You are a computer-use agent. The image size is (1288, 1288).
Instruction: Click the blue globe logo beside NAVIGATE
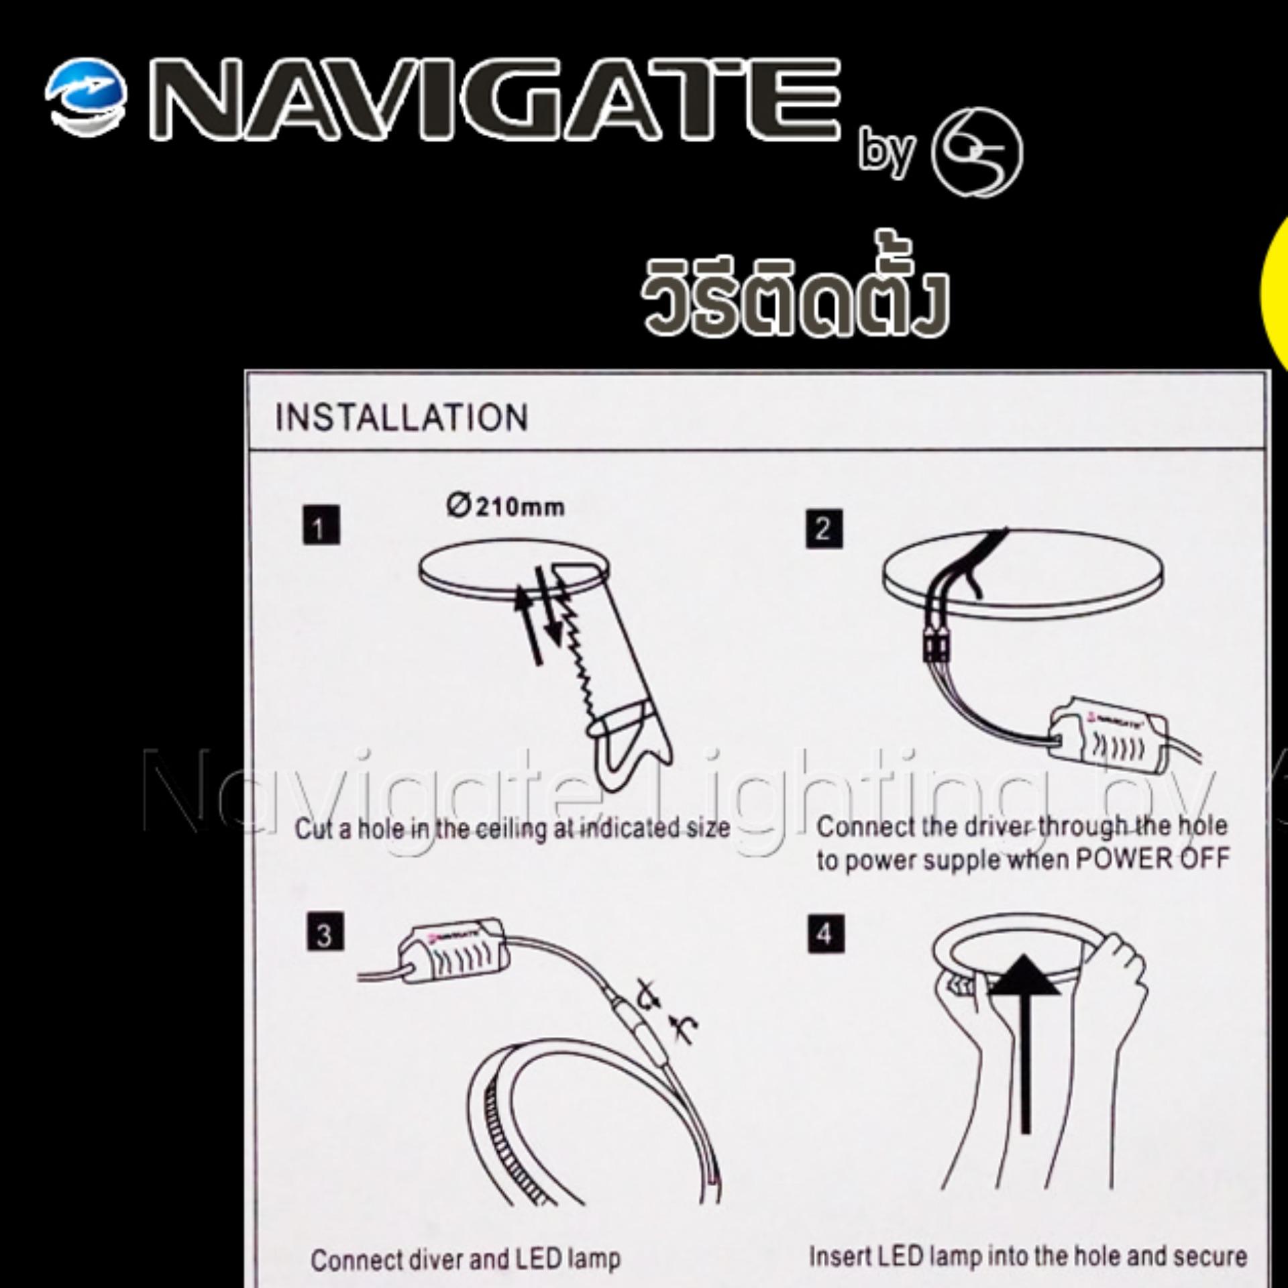click(87, 100)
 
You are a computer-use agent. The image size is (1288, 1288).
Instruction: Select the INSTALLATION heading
click(401, 417)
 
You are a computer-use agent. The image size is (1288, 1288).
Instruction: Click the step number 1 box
click(321, 525)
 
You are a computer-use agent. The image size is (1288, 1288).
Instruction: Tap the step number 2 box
click(823, 529)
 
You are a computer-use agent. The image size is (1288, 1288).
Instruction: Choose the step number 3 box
click(325, 932)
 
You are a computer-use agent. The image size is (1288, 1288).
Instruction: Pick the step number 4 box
click(825, 933)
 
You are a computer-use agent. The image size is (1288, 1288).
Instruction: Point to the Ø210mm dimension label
click(504, 506)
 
